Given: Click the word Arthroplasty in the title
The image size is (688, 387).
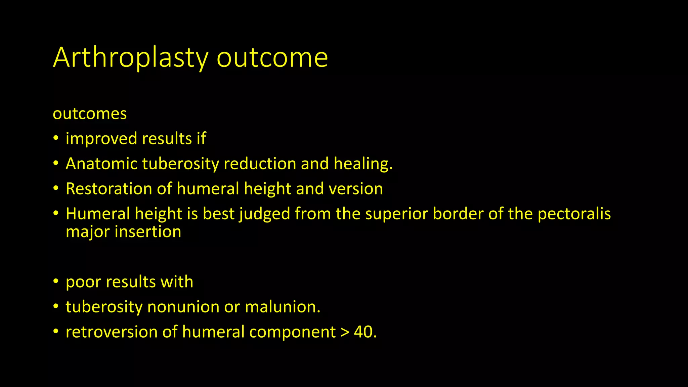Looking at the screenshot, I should (x=131, y=58).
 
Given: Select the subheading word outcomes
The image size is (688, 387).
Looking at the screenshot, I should (x=90, y=114).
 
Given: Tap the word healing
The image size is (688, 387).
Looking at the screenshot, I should (x=363, y=164).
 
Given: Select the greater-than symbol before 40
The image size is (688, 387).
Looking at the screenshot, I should (x=345, y=332).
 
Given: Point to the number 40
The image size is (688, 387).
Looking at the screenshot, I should (x=363, y=332).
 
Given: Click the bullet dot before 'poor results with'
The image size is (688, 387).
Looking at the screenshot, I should (x=56, y=282).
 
